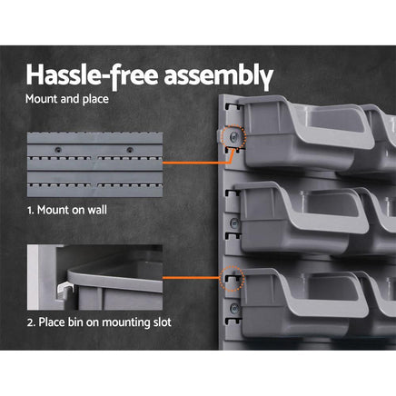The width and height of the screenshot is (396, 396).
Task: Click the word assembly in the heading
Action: (217, 73)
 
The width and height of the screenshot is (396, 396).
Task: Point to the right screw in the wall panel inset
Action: (130, 148)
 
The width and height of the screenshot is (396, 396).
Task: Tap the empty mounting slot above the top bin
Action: (234, 108)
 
